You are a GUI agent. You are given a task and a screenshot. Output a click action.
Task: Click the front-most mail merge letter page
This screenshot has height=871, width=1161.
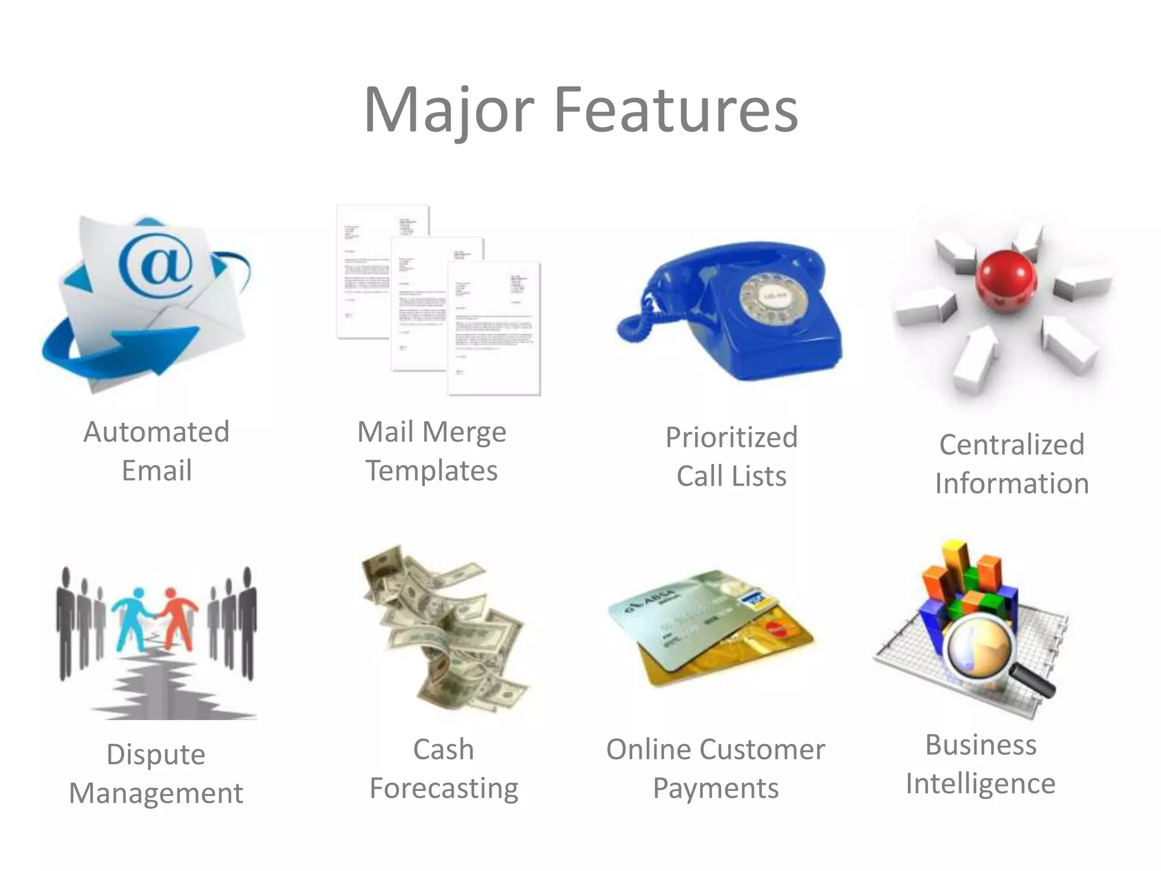[494, 329]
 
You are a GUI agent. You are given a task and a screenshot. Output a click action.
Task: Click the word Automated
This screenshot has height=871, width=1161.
[156, 432]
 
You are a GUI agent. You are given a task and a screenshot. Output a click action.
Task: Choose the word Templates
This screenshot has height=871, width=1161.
[431, 471]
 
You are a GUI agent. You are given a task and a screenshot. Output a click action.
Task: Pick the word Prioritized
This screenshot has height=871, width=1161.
[731, 438]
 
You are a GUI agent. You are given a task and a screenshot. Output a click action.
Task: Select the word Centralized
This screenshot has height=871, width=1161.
[1011, 445]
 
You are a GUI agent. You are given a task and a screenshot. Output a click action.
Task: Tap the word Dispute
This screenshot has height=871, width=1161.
[156, 755]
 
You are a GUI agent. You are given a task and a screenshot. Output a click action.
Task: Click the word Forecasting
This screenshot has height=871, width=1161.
[444, 788]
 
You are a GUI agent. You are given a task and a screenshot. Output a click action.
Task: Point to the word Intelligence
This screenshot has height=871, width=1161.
[980, 784]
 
